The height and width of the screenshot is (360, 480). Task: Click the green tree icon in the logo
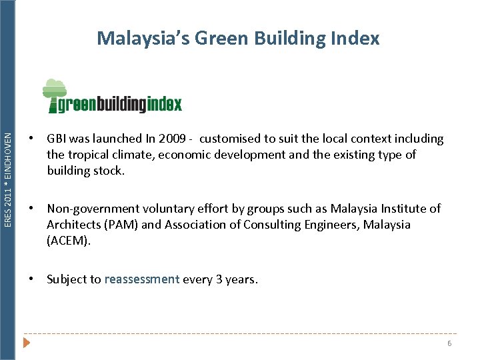pyautogui.click(x=54, y=93)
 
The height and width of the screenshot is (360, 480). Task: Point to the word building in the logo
pyautogui.click(x=123, y=105)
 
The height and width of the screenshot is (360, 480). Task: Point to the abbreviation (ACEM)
pyautogui.click(x=68, y=241)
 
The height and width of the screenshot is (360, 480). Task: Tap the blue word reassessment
pyautogui.click(x=142, y=279)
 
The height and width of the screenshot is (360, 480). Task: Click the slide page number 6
pyautogui.click(x=449, y=343)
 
